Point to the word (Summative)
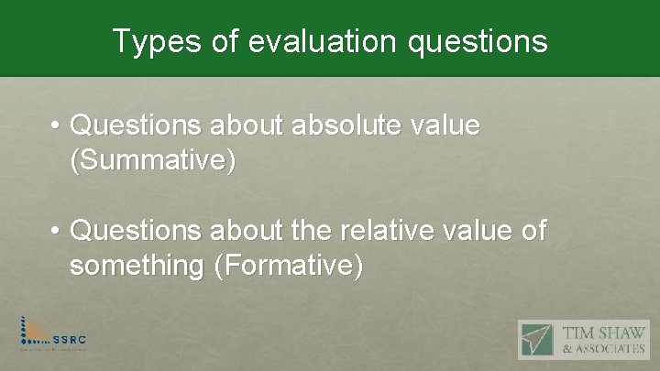(152, 161)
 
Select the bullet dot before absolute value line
(56, 125)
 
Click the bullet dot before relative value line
(56, 232)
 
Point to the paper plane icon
(541, 339)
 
